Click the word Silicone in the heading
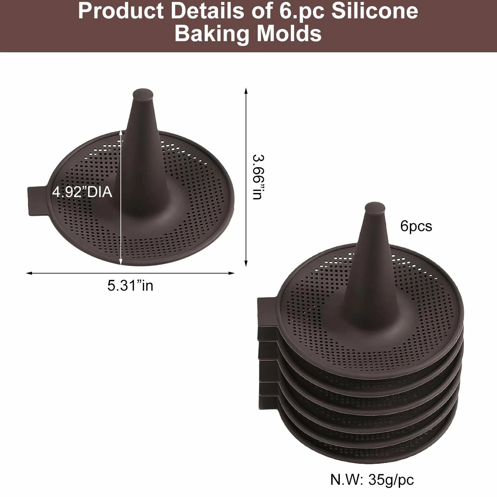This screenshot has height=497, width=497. click(375, 11)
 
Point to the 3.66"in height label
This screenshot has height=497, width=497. click(258, 177)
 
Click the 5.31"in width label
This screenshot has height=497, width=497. click(130, 286)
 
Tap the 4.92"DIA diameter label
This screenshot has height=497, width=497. click(82, 192)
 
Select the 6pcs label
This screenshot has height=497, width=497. click(416, 226)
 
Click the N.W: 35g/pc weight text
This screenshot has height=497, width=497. click(372, 480)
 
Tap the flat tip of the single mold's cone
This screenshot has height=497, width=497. click(143, 94)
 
